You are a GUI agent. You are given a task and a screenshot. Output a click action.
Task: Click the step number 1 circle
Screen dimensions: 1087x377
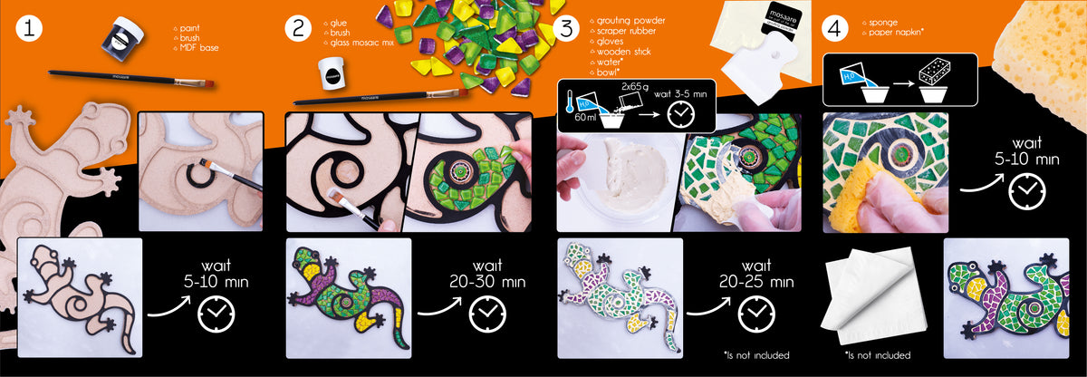29,28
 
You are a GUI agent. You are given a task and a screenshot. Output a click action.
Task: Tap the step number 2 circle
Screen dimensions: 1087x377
298,28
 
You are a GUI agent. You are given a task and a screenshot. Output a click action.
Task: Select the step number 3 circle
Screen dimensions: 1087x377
566,28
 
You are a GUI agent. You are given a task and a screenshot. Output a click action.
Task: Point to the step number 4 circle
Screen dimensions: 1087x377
834,28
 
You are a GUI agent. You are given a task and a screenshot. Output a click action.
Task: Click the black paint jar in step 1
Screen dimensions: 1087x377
123,35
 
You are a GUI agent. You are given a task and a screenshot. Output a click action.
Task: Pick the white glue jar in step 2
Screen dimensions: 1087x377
332,73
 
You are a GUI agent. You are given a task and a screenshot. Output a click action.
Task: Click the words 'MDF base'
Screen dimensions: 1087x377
199,47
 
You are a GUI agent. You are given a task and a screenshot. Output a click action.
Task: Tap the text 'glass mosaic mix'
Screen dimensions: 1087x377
362,43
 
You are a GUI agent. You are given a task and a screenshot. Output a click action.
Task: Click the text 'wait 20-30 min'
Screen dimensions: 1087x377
487,274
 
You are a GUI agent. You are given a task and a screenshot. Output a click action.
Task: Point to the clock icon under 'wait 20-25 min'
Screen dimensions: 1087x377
756,314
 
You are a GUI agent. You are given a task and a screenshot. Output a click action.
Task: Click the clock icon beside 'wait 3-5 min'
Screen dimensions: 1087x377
681,114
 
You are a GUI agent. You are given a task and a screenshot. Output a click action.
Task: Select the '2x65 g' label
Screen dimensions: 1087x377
635,86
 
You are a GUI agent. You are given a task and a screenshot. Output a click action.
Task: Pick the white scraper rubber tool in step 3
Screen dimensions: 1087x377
759,68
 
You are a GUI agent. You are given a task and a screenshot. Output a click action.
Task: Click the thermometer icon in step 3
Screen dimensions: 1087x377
569,100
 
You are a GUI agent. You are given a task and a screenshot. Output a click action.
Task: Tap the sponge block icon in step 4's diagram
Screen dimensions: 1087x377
934,72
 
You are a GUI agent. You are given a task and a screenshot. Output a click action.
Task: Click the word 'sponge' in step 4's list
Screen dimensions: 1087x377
883,23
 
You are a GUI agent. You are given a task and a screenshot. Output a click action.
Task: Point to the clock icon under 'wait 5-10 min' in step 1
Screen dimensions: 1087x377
216,314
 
